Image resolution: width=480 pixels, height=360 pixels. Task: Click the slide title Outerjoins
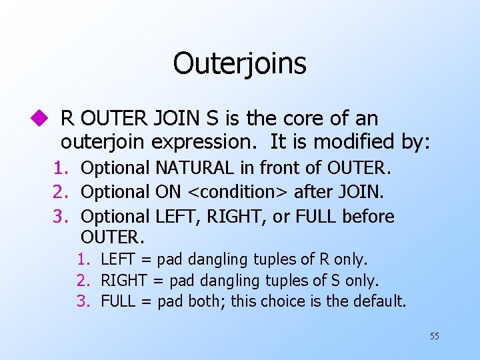239,64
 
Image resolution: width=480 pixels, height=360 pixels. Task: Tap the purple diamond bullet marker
44,119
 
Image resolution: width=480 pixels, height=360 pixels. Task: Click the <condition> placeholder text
238,192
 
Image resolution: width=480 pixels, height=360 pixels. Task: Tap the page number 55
434,336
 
